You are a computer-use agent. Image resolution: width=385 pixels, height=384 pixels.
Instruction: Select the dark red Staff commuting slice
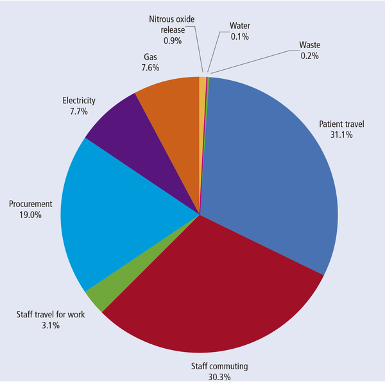[x=212, y=295]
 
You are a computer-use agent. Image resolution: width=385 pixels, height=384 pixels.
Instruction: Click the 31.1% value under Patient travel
[x=340, y=135]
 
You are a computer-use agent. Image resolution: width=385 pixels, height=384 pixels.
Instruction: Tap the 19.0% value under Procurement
[x=30, y=215]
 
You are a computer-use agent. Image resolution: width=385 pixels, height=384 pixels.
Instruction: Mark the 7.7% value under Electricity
[x=79, y=111]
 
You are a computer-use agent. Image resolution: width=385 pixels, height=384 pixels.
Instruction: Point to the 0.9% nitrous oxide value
[x=173, y=40]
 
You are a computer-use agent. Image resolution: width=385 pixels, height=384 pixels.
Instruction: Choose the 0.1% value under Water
[x=239, y=37]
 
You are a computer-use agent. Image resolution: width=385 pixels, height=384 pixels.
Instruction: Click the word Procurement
[x=30, y=205]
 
